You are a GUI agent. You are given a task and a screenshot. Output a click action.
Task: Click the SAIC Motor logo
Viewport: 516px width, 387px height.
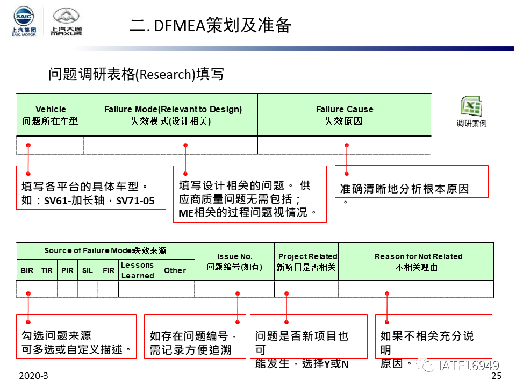point(24,22)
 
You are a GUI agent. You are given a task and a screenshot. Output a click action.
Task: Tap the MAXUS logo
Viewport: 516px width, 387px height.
point(66,23)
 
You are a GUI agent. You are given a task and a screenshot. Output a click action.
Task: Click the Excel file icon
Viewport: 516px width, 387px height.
point(471,106)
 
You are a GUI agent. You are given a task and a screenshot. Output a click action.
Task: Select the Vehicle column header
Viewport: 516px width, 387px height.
point(51,114)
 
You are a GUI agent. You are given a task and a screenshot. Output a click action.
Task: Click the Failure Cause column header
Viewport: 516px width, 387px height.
point(344,114)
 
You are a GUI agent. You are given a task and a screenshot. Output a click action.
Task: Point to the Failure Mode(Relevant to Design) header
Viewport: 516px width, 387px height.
point(171,114)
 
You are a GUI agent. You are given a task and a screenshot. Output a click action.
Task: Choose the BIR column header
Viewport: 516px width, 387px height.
point(27,270)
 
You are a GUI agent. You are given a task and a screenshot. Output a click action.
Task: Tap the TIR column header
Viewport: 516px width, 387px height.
point(47,270)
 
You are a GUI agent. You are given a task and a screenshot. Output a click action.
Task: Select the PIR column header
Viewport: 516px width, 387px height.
point(68,270)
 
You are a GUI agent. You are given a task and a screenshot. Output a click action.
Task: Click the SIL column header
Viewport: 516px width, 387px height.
point(88,270)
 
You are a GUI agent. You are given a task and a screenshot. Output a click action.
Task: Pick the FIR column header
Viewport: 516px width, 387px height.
point(109,270)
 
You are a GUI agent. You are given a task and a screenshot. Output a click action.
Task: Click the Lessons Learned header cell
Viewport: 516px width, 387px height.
point(137,270)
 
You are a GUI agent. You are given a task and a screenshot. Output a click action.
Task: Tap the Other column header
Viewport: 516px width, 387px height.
point(175,270)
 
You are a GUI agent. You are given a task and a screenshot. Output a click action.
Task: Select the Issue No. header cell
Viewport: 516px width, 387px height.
point(234,261)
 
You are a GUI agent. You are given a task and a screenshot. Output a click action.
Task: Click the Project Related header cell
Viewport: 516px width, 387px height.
point(306,261)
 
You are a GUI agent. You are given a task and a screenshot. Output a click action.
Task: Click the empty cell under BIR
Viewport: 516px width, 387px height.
point(27,289)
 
